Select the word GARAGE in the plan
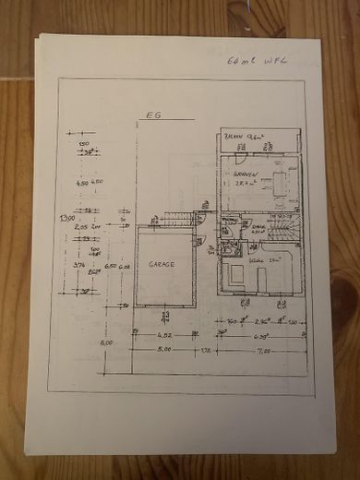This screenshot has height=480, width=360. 156,262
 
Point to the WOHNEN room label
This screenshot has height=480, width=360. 244,174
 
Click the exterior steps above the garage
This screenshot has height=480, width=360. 175,218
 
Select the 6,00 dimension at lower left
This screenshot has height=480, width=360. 107,342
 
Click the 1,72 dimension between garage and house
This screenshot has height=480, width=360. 206,351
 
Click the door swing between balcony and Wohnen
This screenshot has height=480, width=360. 267,149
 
